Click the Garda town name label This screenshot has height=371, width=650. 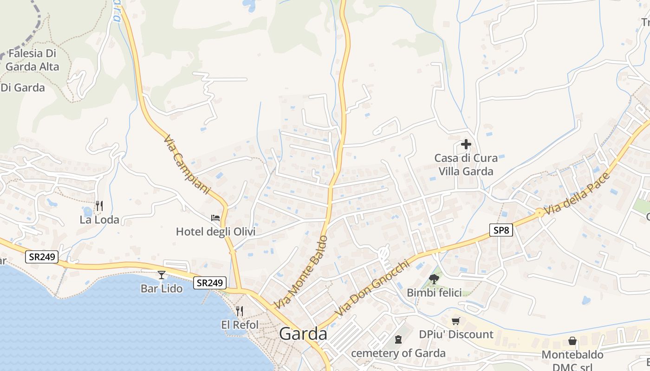(303, 334)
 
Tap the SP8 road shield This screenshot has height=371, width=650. (500, 230)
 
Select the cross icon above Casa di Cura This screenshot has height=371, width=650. (466, 144)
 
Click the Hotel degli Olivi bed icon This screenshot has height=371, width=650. (215, 217)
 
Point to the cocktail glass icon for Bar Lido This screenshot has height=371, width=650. (161, 275)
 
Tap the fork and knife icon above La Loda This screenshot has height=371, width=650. (99, 205)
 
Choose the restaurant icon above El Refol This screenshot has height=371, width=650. (240, 311)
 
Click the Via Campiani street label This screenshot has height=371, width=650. (187, 165)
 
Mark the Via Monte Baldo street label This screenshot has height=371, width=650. (301, 272)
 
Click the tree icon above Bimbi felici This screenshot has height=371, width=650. (434, 279)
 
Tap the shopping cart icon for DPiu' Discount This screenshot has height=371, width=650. (456, 321)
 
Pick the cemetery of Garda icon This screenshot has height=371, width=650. (398, 339)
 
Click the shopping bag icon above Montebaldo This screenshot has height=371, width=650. (572, 341)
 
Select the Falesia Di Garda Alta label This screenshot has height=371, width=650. (33, 60)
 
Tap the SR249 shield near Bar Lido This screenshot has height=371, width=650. (210, 282)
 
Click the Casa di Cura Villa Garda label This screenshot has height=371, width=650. (466, 165)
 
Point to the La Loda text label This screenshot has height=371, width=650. (99, 219)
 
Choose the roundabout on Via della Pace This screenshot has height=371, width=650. (539, 213)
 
